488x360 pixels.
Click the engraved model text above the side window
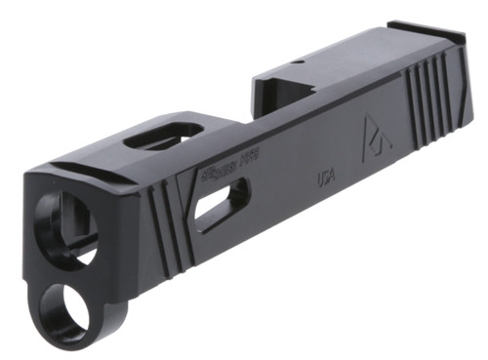click(x=229, y=176)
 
